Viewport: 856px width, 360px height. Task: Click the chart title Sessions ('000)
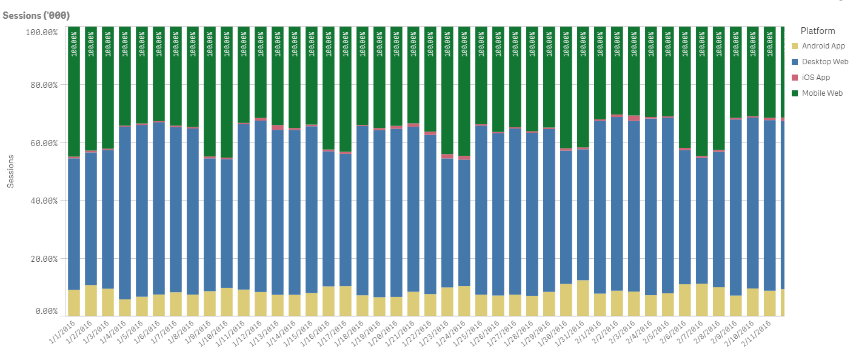coord(36,15)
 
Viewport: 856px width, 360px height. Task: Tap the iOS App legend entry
coord(815,78)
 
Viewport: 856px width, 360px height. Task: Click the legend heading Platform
coord(817,31)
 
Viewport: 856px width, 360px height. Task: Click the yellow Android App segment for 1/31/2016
coord(583,298)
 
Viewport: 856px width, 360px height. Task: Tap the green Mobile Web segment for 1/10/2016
coord(227,91)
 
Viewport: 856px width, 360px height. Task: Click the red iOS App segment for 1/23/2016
coord(447,156)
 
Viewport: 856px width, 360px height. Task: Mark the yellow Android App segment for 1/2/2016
coord(91,300)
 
